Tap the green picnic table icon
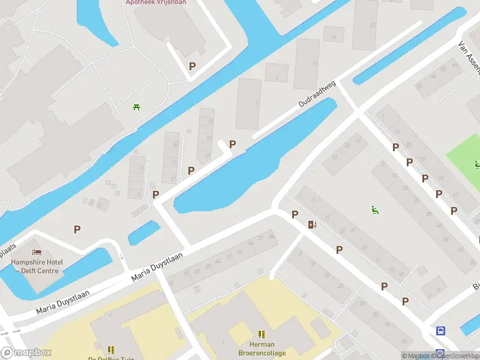[137, 107]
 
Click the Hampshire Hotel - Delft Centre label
[37, 266]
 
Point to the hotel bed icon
[37, 252]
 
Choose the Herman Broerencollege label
[262, 349]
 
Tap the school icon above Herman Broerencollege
[262, 334]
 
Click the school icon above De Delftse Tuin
[111, 349]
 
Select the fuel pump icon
[311, 224]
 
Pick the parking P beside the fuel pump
[295, 214]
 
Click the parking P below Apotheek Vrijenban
[192, 67]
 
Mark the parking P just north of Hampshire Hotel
[77, 229]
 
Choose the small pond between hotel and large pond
[144, 232]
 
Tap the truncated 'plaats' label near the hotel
[8, 248]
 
